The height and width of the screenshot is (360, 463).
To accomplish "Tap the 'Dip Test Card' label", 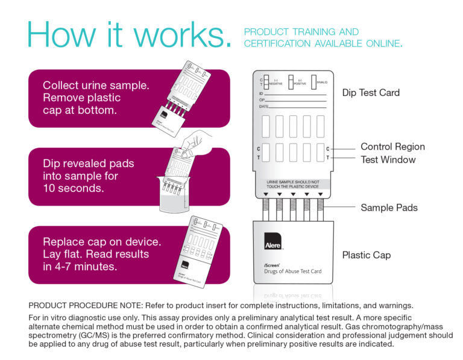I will (x=371, y=93).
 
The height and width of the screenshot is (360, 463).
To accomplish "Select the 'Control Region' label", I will (x=392, y=147).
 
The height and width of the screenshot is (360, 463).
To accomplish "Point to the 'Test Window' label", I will (x=388, y=160).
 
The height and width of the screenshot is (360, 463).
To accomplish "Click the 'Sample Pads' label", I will (x=389, y=207).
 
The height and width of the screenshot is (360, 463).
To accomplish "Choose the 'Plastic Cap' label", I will (x=366, y=255).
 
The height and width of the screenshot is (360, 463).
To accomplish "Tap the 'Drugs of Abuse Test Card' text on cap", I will (x=293, y=271).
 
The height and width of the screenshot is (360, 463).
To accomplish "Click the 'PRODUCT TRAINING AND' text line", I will (x=301, y=32).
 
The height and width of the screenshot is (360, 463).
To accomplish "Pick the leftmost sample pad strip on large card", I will (x=266, y=209).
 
